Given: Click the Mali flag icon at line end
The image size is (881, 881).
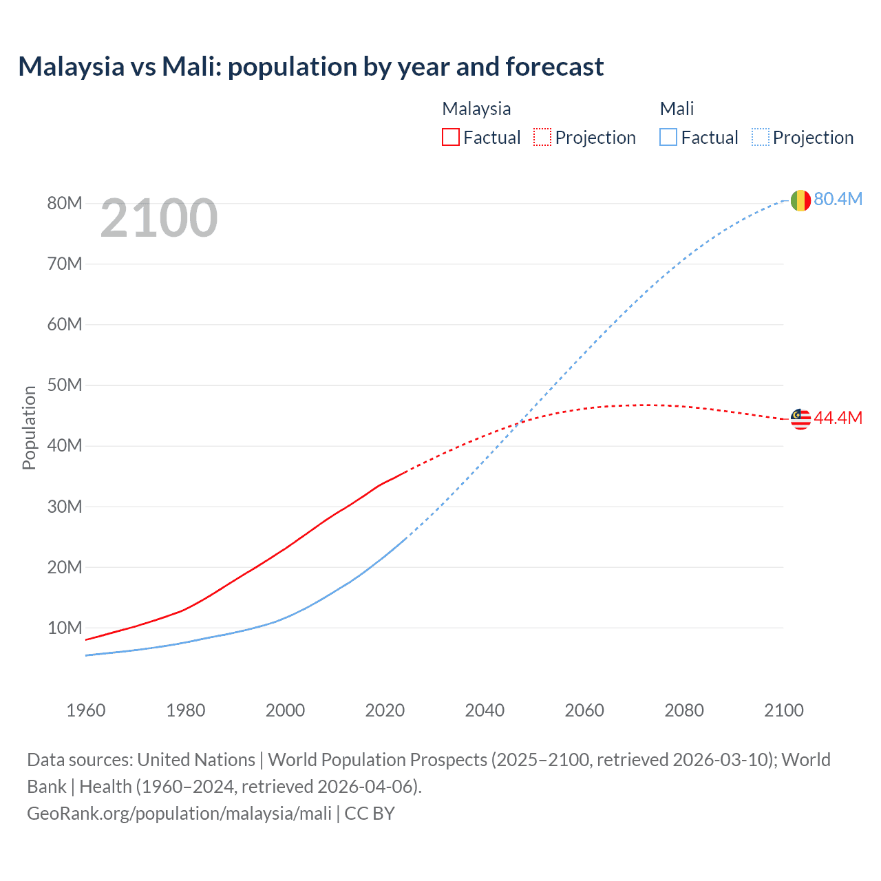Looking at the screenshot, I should point(800,200).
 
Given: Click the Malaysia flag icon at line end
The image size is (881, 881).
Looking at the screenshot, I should point(800,418).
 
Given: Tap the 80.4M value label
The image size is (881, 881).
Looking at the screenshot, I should point(838,199).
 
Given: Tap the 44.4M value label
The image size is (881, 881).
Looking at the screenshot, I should point(838,418).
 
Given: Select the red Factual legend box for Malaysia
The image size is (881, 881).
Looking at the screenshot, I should point(450,137).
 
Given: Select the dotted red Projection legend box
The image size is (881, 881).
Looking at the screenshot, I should point(542,137).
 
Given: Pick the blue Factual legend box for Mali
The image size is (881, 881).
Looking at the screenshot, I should point(668,137).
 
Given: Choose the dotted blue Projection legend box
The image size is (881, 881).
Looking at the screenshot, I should point(761,137).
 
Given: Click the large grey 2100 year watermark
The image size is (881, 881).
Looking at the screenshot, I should point(159,218).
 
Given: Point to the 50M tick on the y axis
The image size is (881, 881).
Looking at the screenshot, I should point(65,385).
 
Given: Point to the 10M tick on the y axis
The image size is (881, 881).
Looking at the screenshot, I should point(65,628).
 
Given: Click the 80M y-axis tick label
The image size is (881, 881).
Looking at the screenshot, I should point(65,203).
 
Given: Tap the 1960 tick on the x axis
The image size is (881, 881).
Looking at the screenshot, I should point(86,710).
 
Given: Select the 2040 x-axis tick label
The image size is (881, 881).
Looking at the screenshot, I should point(485,710).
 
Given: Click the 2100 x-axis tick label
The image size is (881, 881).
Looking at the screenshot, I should point(783,710).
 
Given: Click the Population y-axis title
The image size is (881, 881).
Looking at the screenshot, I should point(29,427).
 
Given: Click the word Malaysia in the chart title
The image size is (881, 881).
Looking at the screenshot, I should point(71,67).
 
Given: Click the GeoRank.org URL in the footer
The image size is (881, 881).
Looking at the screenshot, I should point(179,813).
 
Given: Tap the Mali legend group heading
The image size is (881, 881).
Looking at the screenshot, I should point(677,109).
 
